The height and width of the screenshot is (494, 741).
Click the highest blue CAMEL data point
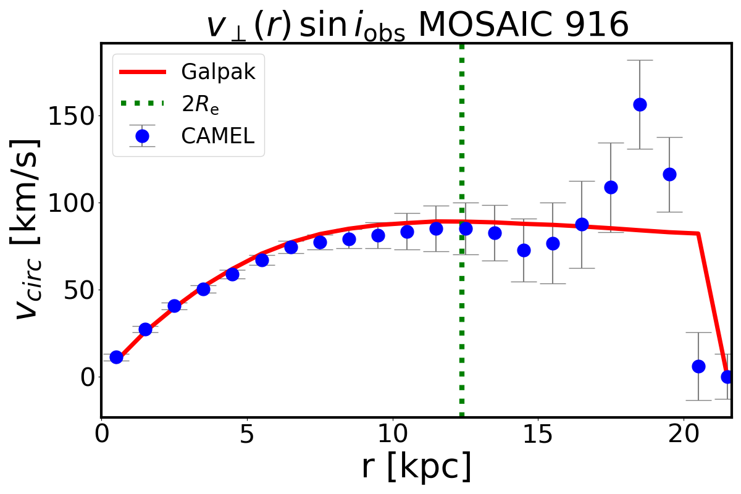point(640,104)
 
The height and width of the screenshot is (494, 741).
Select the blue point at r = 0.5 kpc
point(116,357)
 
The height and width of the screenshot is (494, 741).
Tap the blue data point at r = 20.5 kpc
point(698,366)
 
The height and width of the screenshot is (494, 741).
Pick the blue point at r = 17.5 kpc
point(611,187)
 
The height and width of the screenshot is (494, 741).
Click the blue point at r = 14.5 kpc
point(524,250)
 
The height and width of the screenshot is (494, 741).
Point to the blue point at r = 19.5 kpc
point(669,174)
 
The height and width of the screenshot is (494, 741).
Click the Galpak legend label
point(218,72)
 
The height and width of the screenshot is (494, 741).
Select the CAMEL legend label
point(217,136)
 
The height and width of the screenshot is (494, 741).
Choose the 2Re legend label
point(200,104)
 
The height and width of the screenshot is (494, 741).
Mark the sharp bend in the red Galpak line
point(698,233)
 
